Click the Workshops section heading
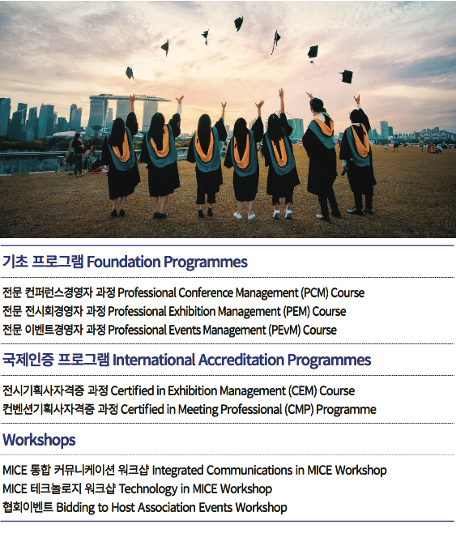point(39,440)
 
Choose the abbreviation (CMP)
point(299,410)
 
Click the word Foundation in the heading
point(123,262)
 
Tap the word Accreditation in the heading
point(241,360)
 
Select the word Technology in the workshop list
point(148,489)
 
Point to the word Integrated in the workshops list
point(177,471)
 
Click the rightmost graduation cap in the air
point(347,76)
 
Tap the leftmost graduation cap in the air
point(129,72)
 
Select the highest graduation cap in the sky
point(239,23)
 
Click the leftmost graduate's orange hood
point(121,147)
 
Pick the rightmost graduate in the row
point(357,156)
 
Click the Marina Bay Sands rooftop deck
point(129,97)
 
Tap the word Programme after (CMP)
point(346,410)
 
